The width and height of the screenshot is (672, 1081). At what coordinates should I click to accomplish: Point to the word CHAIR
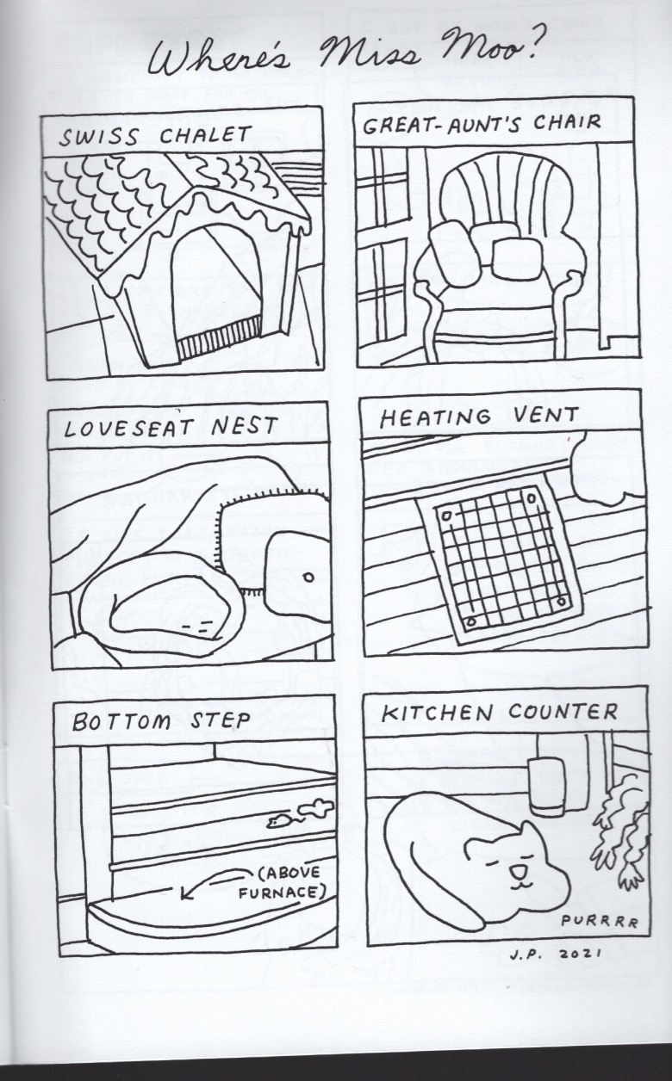click(568, 122)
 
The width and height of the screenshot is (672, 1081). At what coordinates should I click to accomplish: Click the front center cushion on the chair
click(516, 257)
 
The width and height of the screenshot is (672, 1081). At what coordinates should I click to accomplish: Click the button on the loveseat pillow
click(308, 577)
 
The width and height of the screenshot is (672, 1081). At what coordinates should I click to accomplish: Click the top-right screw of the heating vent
click(531, 497)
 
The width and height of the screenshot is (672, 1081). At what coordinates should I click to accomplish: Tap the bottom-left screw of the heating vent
click(471, 621)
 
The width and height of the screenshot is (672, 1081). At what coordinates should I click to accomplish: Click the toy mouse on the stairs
click(277, 820)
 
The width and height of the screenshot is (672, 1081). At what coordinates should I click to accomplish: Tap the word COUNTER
click(563, 713)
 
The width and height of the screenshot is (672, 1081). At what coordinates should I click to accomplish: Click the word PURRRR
click(600, 921)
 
